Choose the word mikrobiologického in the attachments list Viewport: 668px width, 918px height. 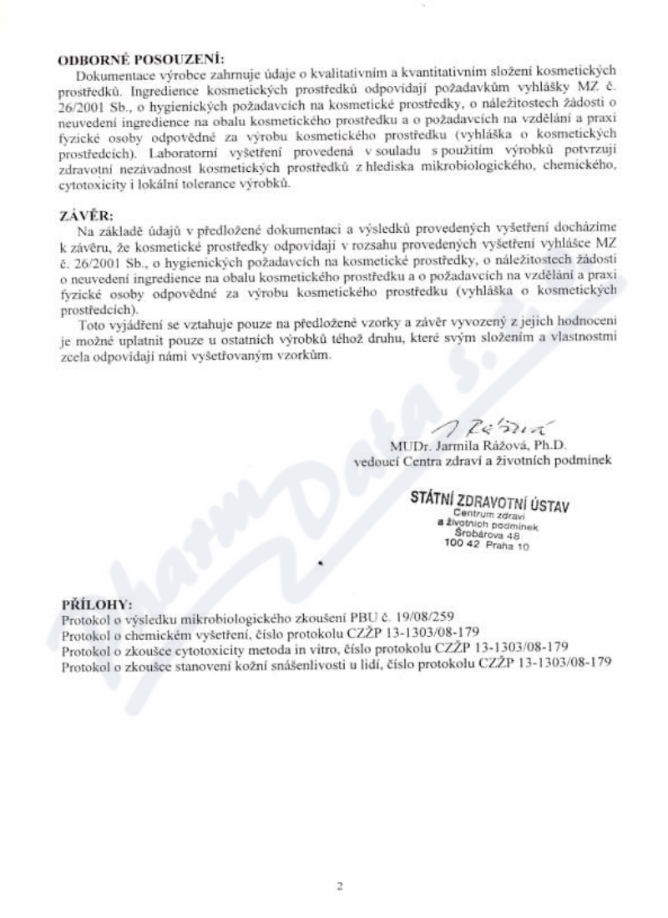[238, 618]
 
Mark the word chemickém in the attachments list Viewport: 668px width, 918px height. [146, 633]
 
